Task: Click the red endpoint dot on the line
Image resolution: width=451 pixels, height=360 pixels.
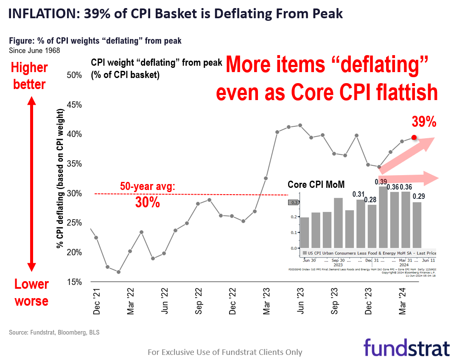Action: click(x=415, y=137)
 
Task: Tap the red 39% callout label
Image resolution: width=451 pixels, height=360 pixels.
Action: click(x=424, y=122)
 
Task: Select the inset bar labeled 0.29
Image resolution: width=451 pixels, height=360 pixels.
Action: click(x=417, y=225)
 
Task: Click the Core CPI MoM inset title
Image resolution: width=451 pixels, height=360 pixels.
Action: click(x=316, y=184)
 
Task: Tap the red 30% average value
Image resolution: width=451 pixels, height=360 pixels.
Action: click(x=147, y=203)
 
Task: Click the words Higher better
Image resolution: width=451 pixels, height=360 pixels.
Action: click(x=29, y=76)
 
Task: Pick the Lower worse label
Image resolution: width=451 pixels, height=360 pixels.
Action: click(x=31, y=292)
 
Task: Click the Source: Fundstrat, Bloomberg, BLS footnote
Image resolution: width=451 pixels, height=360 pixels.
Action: click(x=54, y=332)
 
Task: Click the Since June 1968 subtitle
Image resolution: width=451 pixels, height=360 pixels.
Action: click(x=34, y=50)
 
